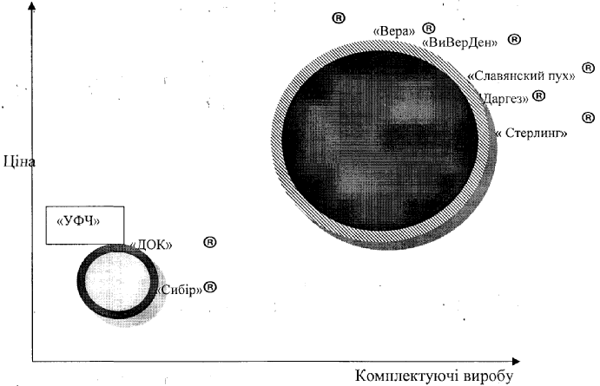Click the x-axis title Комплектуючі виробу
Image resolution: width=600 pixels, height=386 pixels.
click(x=435, y=376)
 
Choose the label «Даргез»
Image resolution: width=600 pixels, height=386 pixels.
click(x=504, y=99)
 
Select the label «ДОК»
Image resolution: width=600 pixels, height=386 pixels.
click(x=151, y=245)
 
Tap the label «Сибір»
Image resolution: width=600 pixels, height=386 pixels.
click(x=181, y=289)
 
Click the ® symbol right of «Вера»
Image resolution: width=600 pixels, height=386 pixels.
click(x=428, y=29)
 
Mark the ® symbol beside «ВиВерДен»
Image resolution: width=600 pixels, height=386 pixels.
click(x=514, y=39)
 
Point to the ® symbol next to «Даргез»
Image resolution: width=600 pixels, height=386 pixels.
click(x=538, y=96)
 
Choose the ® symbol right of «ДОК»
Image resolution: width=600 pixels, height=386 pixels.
click(x=208, y=242)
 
